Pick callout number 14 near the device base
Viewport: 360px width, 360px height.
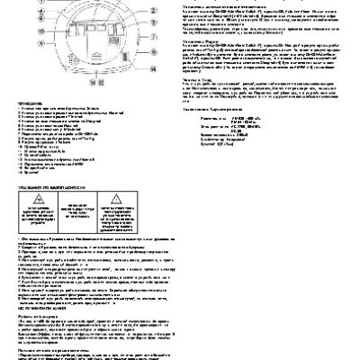tap(153, 69)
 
